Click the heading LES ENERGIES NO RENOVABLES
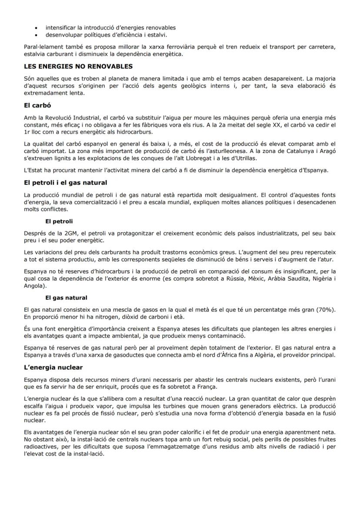click(78, 67)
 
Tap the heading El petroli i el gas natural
click(65, 182)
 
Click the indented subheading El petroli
click(59, 221)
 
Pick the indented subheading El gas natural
click(66, 298)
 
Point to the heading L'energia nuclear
click(53, 367)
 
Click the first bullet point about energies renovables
click(110, 27)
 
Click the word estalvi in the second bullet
click(157, 35)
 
